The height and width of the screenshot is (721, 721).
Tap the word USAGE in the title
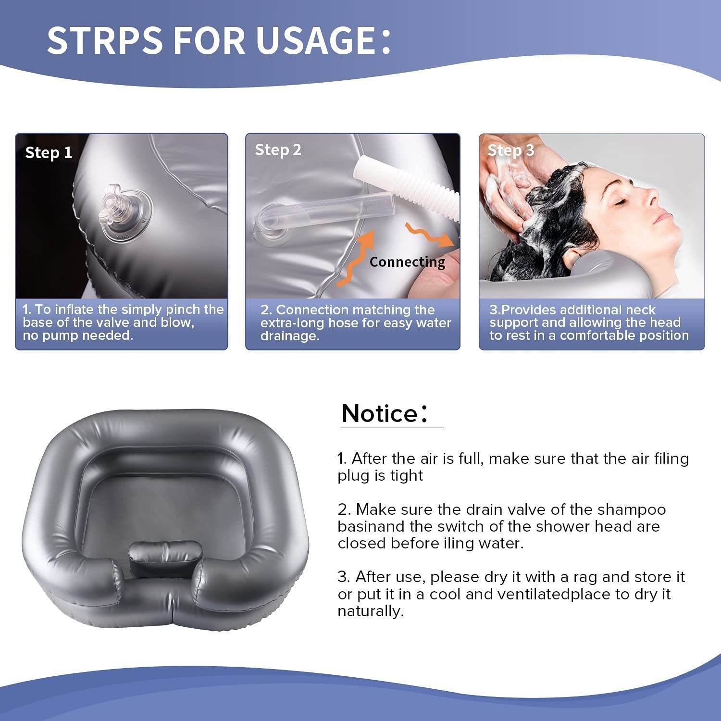pyautogui.click(x=315, y=40)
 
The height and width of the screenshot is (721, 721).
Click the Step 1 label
pyautogui.click(x=49, y=153)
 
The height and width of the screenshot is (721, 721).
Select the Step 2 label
pyautogui.click(x=278, y=150)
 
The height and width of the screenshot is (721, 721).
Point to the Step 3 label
pyautogui.click(x=510, y=150)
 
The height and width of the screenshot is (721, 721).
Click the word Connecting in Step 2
pyautogui.click(x=407, y=262)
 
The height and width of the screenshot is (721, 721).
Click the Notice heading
pyautogui.click(x=380, y=413)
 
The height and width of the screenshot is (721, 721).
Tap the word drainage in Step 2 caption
pyautogui.click(x=289, y=336)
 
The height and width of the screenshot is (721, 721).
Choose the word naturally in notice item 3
pyautogui.click(x=370, y=611)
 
